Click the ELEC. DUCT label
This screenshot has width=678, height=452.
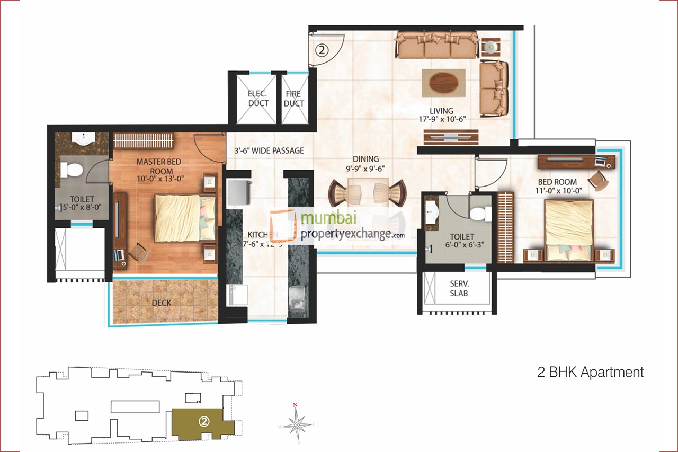click(258, 99)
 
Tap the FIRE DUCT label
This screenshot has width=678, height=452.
click(293, 99)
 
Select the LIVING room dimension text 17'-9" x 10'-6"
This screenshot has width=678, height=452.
click(441, 119)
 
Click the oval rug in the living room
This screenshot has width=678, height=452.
click(443, 82)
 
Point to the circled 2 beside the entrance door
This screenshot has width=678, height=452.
click(323, 50)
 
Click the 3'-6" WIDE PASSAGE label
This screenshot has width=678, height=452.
click(269, 150)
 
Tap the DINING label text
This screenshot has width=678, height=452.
click(367, 158)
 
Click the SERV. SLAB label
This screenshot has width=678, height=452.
click(459, 288)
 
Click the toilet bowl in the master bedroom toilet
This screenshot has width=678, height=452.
click(71, 170)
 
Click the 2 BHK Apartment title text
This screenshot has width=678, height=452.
click(590, 372)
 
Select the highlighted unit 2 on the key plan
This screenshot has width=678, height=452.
click(202, 422)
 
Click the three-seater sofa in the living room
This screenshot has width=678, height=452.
click(437, 46)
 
